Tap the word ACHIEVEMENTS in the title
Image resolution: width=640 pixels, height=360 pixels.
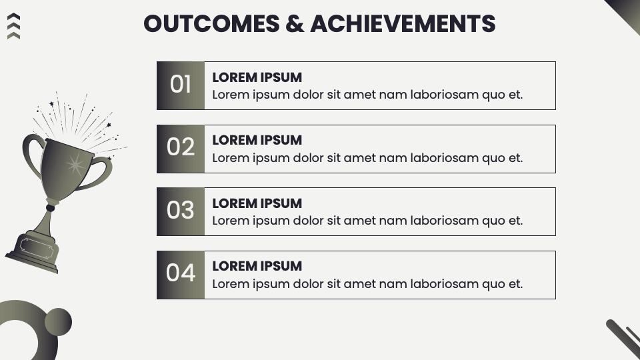(403, 24)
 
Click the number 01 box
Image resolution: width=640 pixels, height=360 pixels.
(181, 85)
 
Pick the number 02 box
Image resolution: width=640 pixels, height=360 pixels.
(181, 148)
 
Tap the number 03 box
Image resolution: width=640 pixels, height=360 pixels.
(181, 211)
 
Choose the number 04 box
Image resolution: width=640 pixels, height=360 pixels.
(181, 274)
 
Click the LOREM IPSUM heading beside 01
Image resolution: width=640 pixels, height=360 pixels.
(257, 77)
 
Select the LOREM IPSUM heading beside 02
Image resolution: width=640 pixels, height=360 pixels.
(257, 140)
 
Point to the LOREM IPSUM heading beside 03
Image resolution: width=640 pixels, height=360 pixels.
(257, 203)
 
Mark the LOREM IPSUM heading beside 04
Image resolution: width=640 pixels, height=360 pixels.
(257, 266)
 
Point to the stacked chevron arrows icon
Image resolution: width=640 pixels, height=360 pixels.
(13, 26)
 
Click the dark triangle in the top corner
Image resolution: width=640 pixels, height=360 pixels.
(627, 11)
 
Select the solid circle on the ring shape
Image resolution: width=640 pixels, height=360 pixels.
(58, 322)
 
